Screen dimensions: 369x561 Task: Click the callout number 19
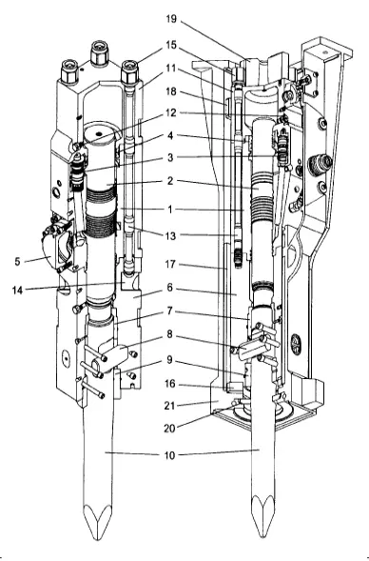tap(171, 19)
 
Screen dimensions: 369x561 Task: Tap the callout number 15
tap(171, 45)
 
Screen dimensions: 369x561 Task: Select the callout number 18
tap(171, 91)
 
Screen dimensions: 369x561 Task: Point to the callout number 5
tap(17, 262)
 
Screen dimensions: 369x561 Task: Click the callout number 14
tap(17, 291)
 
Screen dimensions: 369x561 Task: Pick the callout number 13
tap(170, 236)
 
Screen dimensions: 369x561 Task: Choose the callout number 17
tap(170, 265)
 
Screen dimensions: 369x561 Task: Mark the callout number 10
tap(169, 455)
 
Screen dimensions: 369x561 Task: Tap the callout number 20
tap(169, 429)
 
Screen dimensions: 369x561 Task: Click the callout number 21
tap(169, 406)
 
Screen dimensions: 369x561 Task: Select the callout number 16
tap(170, 384)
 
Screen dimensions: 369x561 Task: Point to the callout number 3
tap(170, 157)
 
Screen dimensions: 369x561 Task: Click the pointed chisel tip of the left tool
tap(97, 537)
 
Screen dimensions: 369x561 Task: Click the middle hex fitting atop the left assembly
tap(99, 53)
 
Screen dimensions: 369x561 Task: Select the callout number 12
tap(171, 113)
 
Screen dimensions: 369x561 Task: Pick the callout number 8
tap(169, 334)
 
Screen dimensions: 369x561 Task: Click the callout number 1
tap(170, 210)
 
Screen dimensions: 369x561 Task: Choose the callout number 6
tap(169, 288)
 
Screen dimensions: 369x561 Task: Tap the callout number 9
tap(169, 360)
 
